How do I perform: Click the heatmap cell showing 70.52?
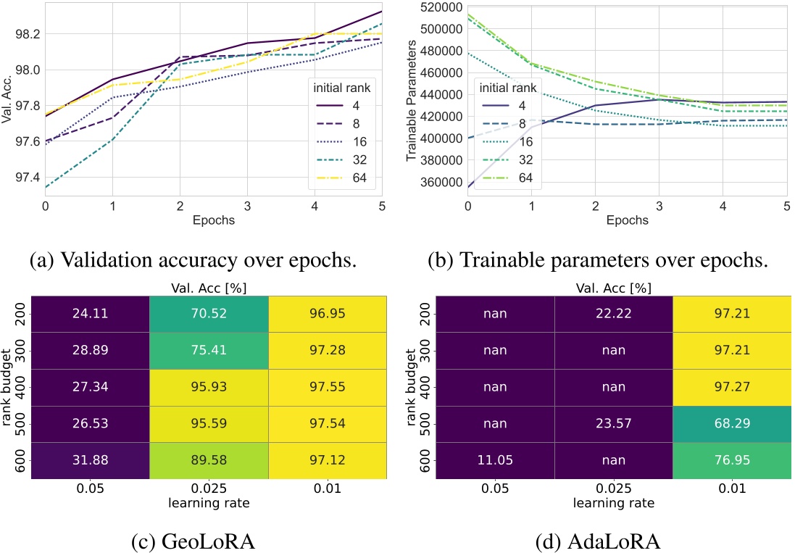point(209,315)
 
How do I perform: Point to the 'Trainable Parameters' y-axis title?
point(411,99)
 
